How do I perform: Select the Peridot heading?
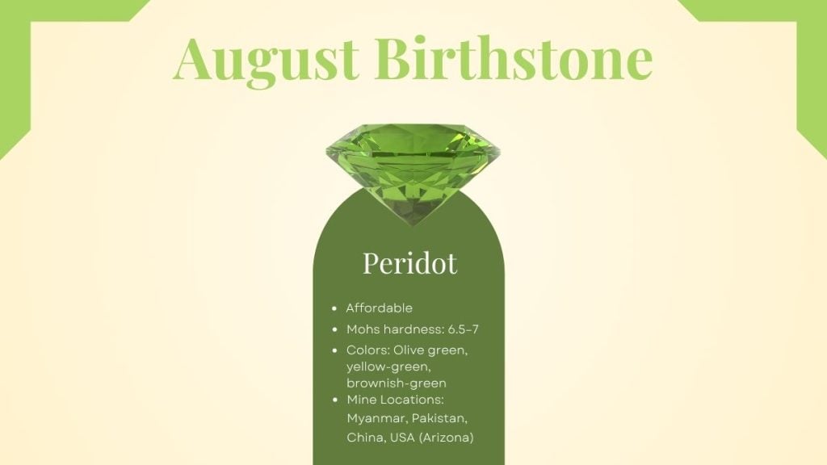pyautogui.click(x=409, y=262)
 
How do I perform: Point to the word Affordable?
pyautogui.click(x=379, y=308)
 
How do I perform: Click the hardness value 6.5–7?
pyautogui.click(x=460, y=329)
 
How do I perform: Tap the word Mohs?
pyautogui.click(x=362, y=329)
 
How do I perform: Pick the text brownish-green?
pyautogui.click(x=396, y=383)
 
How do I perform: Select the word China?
pyautogui.click(x=364, y=438)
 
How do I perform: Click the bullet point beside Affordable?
pyautogui.click(x=334, y=308)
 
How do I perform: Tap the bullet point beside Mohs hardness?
pyautogui.click(x=334, y=329)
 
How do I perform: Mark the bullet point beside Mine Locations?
pyautogui.click(x=334, y=400)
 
